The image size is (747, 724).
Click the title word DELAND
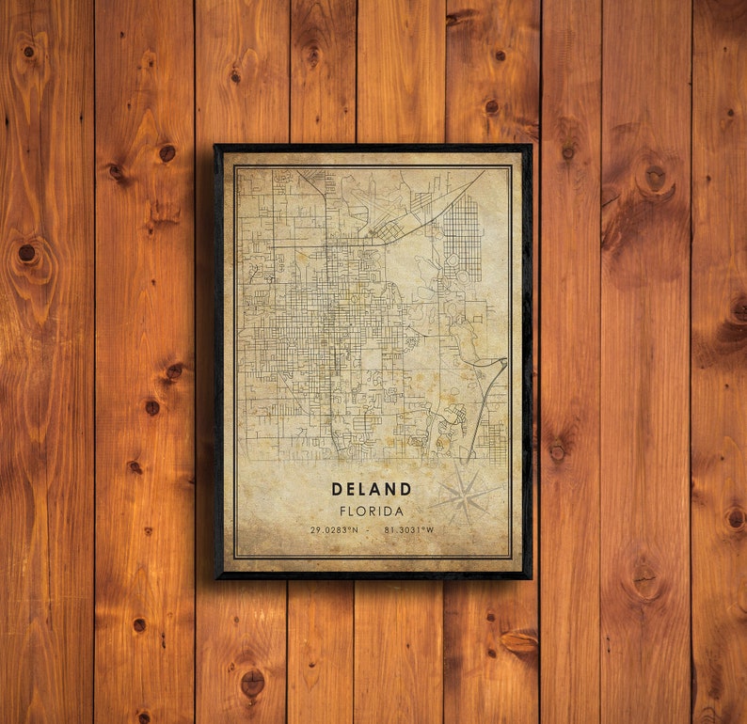pyautogui.click(x=371, y=489)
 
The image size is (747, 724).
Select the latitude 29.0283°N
pyautogui.click(x=334, y=530)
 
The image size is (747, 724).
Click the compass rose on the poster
pyautogui.click(x=466, y=495)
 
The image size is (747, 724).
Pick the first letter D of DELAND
pyautogui.click(x=336, y=489)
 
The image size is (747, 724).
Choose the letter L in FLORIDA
pyautogui.click(x=351, y=512)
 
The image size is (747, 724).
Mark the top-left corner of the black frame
pyautogui.click(x=216, y=147)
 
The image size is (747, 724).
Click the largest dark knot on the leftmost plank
pyautogui.click(x=27, y=253)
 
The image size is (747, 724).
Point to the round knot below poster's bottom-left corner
pyautogui.click(x=252, y=681)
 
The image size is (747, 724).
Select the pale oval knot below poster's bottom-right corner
pyautogui.click(x=519, y=641)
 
